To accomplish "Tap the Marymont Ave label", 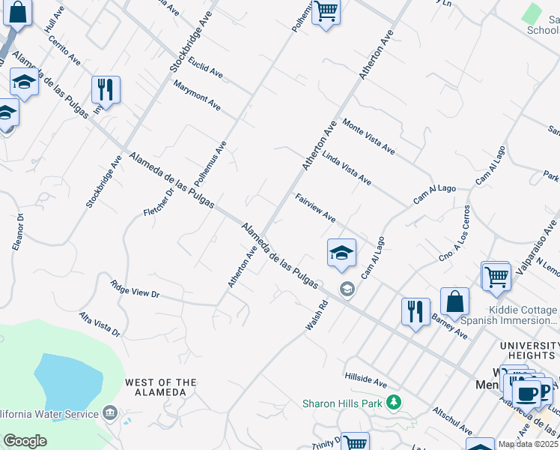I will (197, 95).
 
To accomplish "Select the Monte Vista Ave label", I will (368, 136).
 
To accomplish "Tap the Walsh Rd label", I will (317, 316).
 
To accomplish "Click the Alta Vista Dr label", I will (100, 324).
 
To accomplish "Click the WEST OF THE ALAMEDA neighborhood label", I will (161, 387).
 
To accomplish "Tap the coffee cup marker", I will (526, 392).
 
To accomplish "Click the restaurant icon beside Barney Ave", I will (416, 310).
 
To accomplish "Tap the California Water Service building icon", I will (110, 413).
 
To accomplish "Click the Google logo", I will (25, 441).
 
